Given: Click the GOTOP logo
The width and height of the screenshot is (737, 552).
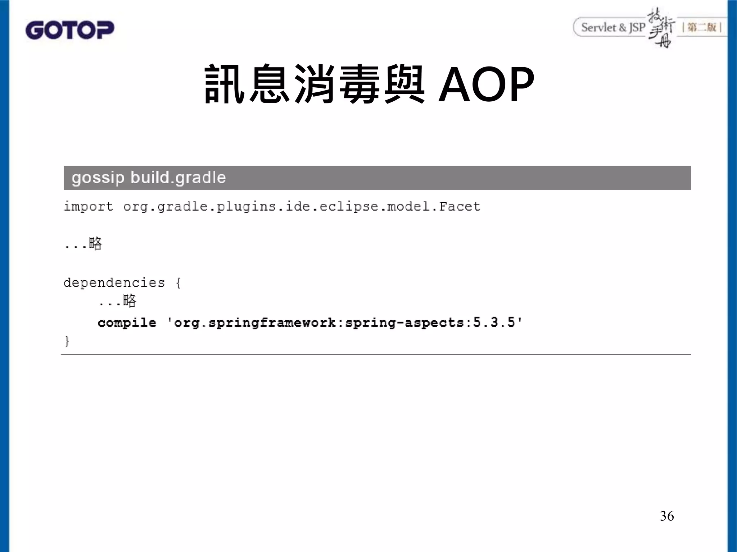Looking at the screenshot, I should coord(70,30).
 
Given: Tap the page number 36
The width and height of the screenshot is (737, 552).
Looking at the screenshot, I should coord(667,516).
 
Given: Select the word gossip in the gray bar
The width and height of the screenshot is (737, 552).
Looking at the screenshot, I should coord(98,178).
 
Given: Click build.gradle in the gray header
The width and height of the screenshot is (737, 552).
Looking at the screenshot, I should coord(178,178).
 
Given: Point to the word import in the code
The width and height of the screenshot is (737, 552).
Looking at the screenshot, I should coord(89,207).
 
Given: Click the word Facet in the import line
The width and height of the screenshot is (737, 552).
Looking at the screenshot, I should coord(460,207).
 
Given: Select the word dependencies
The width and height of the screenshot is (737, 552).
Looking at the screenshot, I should coord(114,283).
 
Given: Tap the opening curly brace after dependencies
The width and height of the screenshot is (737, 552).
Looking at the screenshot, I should coord(178,283).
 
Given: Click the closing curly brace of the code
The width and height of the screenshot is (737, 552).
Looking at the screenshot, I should coord(67,340).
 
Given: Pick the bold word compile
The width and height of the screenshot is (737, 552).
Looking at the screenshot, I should coord(127,323).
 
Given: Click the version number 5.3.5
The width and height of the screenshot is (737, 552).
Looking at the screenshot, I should coord(494,322).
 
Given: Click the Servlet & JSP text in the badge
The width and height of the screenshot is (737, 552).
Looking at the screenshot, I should coord(613,27).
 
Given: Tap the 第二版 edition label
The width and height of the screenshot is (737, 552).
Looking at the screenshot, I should coord(702,27).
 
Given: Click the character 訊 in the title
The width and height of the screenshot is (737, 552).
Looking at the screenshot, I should coord(225,84).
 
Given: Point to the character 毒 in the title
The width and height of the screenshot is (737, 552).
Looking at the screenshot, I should coord(359,84).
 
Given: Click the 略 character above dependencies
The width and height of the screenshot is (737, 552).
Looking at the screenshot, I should coord(95,244).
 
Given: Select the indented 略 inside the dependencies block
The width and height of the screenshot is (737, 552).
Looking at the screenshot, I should coord(130,301).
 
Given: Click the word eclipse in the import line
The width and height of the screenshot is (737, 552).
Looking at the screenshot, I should coord(349,207).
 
